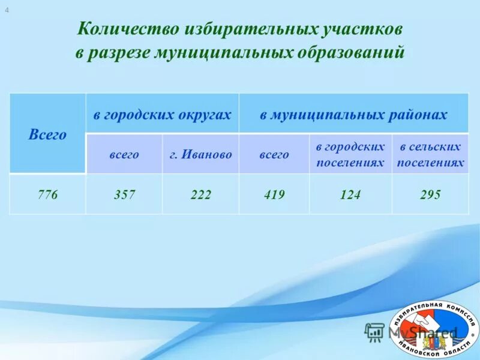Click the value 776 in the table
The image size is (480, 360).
coord(47,195)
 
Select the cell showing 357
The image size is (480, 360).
coord(124,195)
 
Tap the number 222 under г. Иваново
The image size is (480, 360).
coord(200,195)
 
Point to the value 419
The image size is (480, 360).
coord(274,195)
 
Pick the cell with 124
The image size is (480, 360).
coord(350,195)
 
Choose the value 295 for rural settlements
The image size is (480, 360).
coord(430,195)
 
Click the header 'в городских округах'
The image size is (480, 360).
coord(162,115)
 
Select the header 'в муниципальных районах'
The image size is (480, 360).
coord(353,115)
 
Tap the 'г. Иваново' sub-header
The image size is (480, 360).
coord(200,155)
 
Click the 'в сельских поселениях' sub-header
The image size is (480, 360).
coord(430,155)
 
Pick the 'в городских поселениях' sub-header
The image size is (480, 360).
coord(350,155)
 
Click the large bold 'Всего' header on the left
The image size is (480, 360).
coord(47,134)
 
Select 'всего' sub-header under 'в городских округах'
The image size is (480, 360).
coord(124,155)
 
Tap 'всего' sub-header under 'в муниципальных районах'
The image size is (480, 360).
coord(274,155)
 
